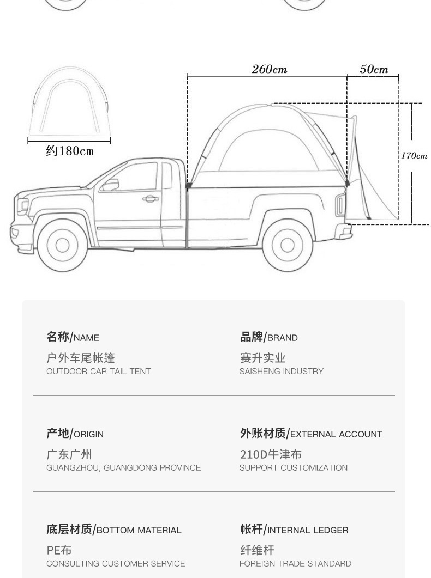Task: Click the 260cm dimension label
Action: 269,69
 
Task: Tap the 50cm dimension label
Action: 374,69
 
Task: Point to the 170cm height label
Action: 414,156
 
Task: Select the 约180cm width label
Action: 69,151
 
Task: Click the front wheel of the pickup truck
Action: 63,245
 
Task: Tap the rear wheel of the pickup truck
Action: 288,245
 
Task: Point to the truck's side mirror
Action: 109,185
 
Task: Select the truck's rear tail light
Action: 340,204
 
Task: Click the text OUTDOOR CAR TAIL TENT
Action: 98,372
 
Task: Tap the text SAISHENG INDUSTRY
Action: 281,372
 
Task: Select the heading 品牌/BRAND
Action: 268,337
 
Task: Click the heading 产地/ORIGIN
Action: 75,434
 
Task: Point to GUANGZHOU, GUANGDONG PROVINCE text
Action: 123,468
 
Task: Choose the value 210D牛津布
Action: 270,454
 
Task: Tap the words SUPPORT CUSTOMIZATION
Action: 293,468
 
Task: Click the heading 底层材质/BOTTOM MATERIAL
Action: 113,530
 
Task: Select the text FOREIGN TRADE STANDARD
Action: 295,564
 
